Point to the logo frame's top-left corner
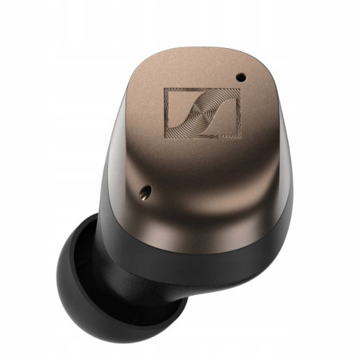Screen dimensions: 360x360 click(x=165, y=89)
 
